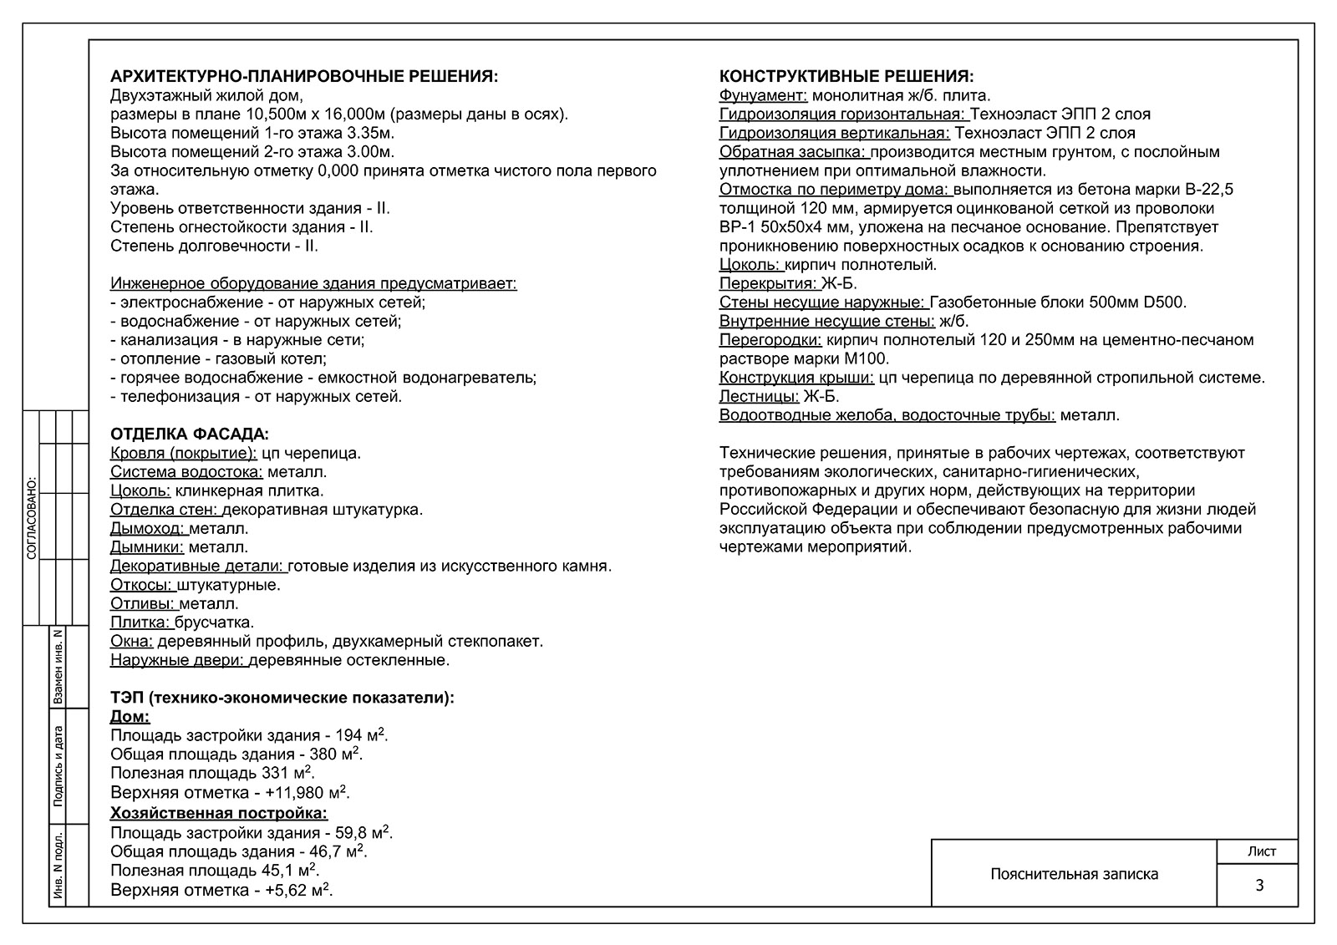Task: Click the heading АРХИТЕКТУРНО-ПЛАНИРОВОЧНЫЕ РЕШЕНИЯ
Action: [304, 77]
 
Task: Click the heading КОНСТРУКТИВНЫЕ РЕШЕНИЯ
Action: [846, 77]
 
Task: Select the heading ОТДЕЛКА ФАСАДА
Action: [190, 434]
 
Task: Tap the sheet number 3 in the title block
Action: [1259, 886]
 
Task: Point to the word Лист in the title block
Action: [1261, 851]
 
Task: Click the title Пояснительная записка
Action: [1074, 874]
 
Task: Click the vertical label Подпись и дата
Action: [58, 765]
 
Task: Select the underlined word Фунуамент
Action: [762, 95]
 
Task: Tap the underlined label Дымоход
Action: [148, 528]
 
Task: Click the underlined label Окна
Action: [131, 642]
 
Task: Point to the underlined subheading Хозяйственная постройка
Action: [219, 813]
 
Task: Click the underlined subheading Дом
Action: [130, 717]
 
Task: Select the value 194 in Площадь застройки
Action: [348, 736]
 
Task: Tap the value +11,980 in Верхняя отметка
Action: [296, 793]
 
